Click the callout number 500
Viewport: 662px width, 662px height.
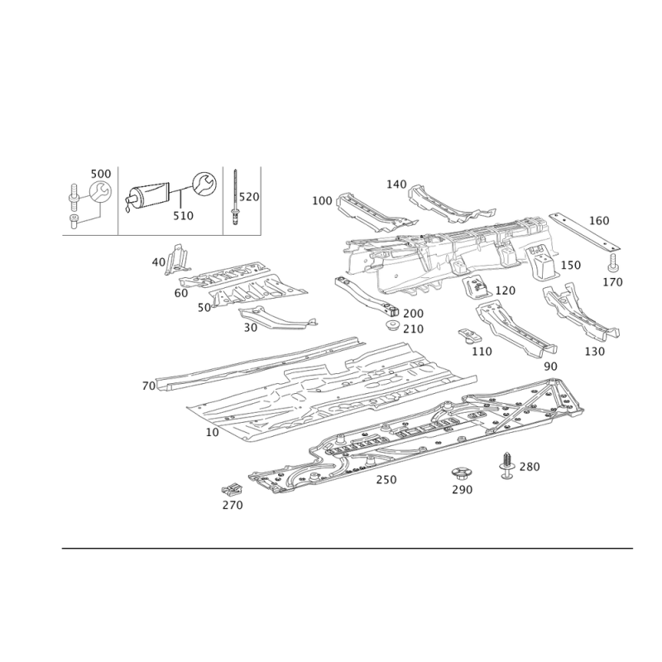click(101, 174)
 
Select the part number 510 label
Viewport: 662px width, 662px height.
click(183, 214)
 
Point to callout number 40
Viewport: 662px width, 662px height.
click(159, 261)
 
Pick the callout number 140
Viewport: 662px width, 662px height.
click(397, 185)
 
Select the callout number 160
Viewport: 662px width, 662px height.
click(598, 220)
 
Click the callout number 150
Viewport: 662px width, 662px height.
click(570, 265)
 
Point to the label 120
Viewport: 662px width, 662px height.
click(505, 291)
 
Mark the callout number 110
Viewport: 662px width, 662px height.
click(481, 351)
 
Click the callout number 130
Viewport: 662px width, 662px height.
click(594, 351)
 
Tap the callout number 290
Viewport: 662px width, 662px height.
click(462, 490)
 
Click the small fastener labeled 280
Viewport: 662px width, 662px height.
click(506, 466)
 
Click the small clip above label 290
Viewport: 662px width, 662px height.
click(461, 473)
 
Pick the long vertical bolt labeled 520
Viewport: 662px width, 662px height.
click(237, 194)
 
